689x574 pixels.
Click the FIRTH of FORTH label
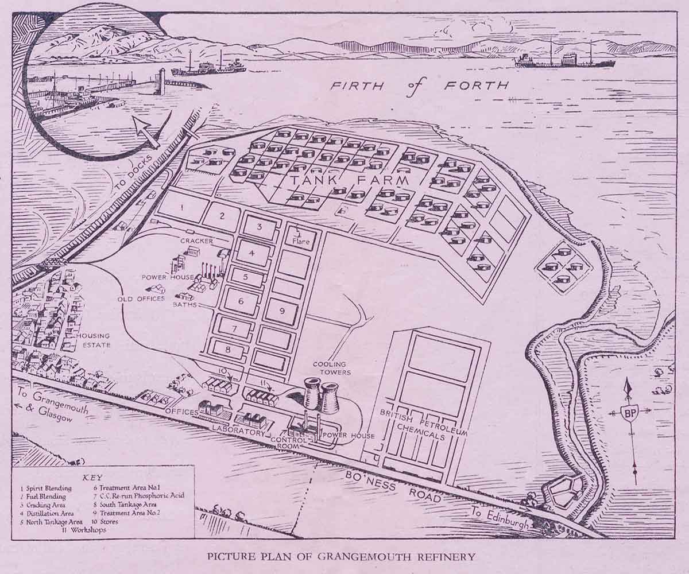(419, 86)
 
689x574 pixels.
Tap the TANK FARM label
(350, 181)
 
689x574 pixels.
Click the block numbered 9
(281, 311)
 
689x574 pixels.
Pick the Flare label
(300, 242)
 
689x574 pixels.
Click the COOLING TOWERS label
(329, 367)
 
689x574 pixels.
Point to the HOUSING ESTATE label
(94, 340)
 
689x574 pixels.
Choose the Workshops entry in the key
(86, 530)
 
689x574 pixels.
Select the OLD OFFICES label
(141, 299)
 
